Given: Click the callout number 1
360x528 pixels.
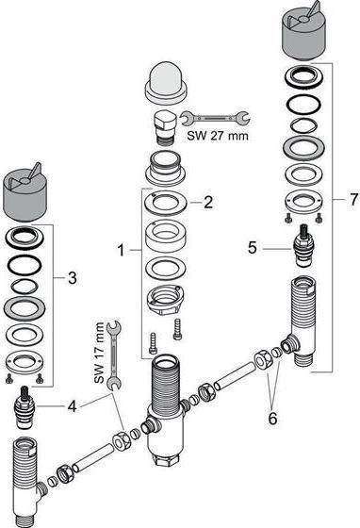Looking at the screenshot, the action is coord(122,251).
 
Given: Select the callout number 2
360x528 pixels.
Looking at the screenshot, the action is coord(208,203).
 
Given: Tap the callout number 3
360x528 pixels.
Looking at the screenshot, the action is coord(73,278).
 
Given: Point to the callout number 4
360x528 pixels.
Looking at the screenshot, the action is coord(72,406).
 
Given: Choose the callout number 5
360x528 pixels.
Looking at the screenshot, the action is coord(253,248).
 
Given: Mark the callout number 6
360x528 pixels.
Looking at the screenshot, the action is coord(272,419).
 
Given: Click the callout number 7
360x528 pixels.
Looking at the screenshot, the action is coord(353,200).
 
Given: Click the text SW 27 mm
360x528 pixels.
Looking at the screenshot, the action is coord(218,136).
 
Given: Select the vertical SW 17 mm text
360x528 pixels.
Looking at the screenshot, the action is coord(99,353).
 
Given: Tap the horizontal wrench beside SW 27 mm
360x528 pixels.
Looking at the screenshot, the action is coord(215,118).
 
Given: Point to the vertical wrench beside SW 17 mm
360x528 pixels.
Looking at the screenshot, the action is coord(114,355).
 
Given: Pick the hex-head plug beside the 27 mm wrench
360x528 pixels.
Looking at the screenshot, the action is coord(164,128).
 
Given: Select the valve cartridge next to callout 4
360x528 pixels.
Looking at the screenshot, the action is coord(24,407).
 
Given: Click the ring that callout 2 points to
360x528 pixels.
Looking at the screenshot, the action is coord(165,204).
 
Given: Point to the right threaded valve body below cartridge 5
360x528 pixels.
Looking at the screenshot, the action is coord(302,322).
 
